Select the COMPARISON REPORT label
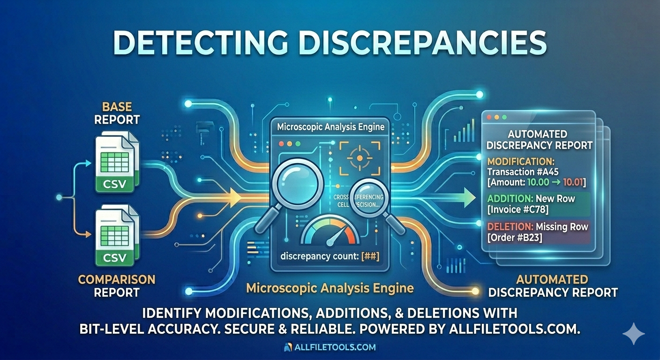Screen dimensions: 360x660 116,286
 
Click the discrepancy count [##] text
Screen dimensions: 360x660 330,256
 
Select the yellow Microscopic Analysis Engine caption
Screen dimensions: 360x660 330,287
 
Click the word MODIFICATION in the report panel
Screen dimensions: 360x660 514,161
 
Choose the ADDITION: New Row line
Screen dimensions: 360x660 531,198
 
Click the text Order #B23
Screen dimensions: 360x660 515,238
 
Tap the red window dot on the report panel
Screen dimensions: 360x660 490,116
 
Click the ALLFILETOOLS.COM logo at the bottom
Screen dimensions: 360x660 330,347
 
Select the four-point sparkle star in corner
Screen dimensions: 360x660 633,333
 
